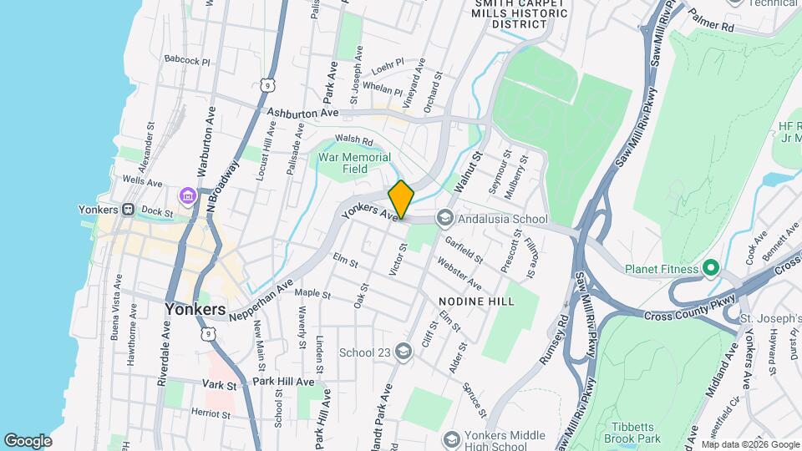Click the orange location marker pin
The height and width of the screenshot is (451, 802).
[401, 199]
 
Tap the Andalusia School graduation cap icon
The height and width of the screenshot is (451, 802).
[444, 218]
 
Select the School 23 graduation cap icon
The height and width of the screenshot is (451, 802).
[404, 351]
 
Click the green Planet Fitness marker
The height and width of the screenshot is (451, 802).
[711, 269]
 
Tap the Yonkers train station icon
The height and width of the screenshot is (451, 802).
[129, 210]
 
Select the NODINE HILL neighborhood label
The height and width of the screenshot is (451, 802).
[477, 300]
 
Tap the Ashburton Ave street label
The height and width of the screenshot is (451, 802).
[302, 113]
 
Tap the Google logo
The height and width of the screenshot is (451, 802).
[28, 440]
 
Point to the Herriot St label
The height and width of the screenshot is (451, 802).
[209, 413]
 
